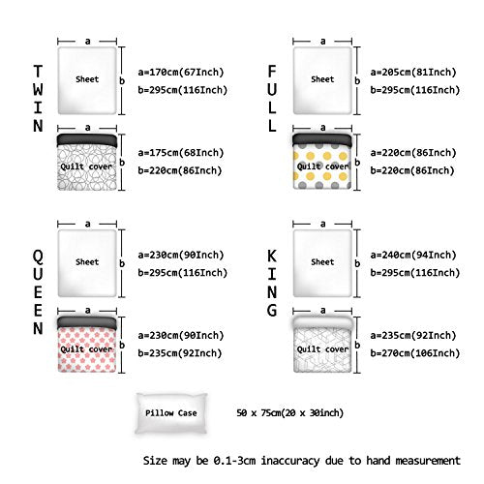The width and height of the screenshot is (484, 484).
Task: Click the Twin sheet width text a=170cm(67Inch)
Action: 181,72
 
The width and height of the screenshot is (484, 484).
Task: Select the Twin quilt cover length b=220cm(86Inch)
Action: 180,170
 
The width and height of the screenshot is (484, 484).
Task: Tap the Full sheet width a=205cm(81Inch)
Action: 413,72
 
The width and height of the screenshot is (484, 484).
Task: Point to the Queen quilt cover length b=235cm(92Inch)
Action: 180,353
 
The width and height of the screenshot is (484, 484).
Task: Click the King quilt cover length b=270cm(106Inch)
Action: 415,353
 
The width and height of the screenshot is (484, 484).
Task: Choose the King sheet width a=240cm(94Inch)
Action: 413,255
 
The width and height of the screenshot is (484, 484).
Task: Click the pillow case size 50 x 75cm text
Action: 290,412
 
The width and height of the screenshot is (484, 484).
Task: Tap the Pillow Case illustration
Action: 171,413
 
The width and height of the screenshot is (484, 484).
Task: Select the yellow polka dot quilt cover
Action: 322,162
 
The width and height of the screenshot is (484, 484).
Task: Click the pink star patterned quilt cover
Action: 87,345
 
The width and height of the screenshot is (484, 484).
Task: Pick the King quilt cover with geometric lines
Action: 322,345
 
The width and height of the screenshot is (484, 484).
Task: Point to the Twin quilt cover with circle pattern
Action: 87,162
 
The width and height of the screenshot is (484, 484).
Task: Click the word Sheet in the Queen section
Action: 87,262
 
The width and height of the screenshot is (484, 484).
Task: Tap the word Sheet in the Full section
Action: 322,79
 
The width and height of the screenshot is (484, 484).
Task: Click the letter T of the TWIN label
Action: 38,72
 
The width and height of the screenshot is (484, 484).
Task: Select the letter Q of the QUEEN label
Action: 38,257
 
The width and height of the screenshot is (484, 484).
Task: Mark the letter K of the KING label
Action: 272,257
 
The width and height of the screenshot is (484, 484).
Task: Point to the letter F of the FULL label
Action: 272,72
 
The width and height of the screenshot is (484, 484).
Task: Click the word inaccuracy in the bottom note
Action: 290,461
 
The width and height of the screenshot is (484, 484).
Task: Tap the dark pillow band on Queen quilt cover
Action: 87,323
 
